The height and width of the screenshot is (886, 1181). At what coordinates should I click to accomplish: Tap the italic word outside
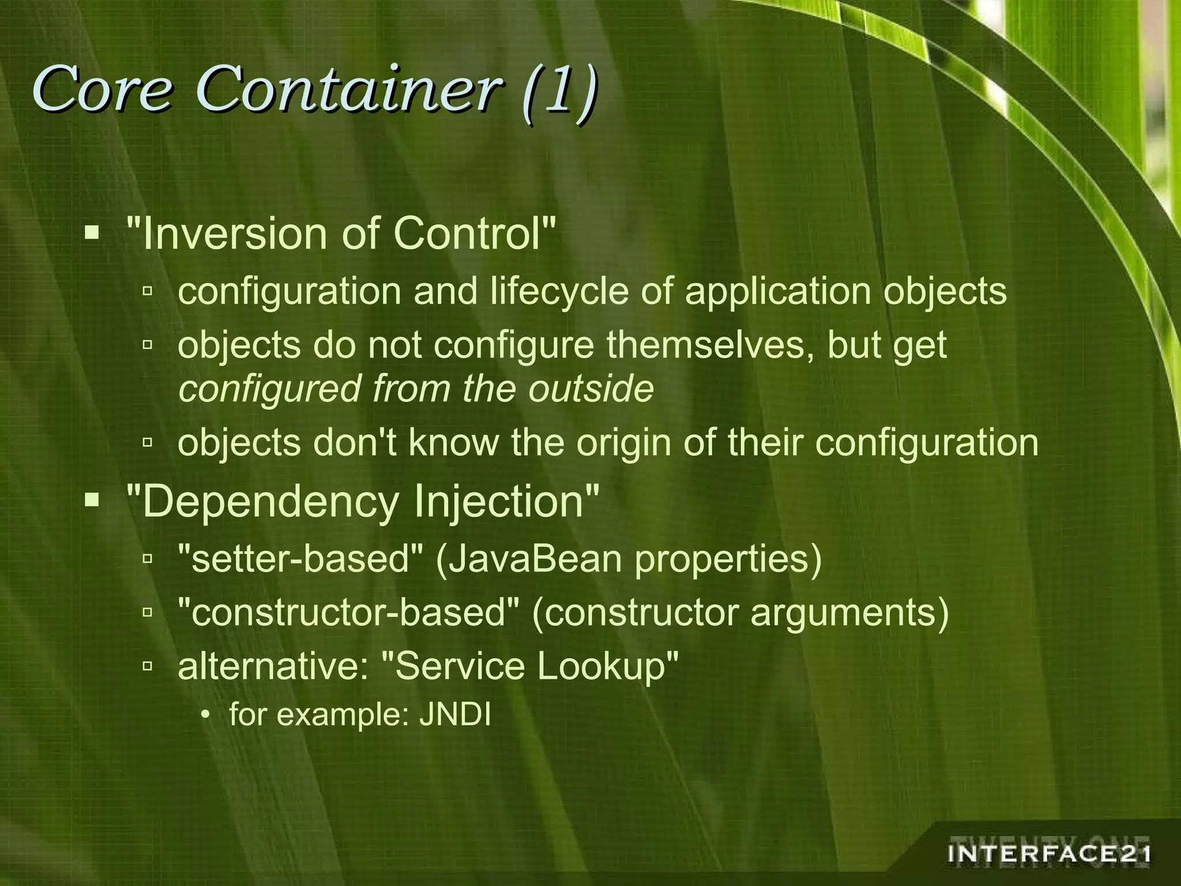(x=591, y=388)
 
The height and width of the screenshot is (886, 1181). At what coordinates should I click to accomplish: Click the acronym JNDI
(x=455, y=716)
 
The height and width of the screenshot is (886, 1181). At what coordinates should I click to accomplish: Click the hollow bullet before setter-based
(x=148, y=558)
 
